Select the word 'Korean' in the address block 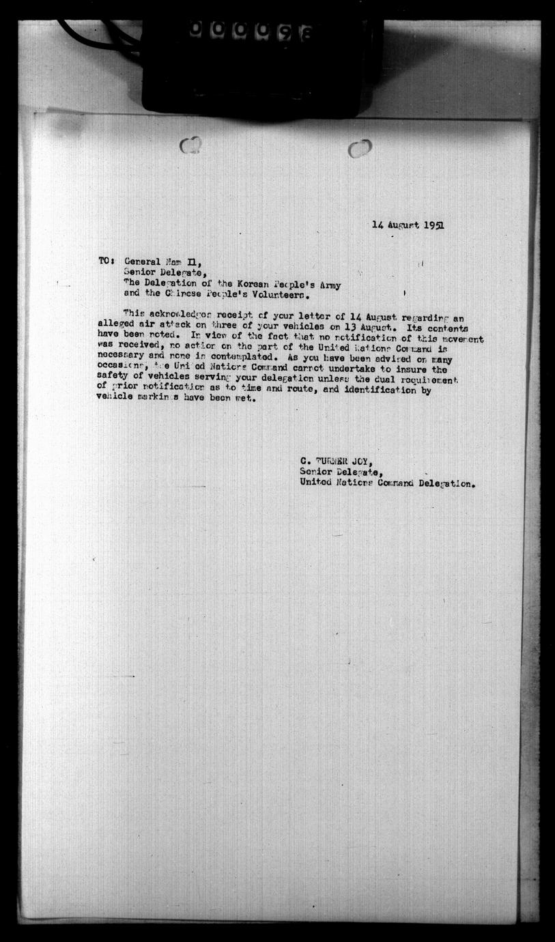point(236,285)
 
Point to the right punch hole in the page point(359,148)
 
